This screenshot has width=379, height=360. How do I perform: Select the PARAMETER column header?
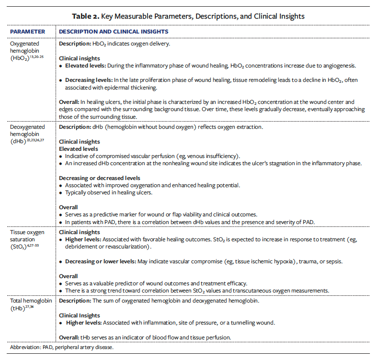pos(27,32)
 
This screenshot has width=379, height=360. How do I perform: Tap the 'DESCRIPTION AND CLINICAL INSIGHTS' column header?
pos(113,32)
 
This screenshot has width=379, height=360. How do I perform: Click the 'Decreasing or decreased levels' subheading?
pos(99,178)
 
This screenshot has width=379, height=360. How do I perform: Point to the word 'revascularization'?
pos(128,247)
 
